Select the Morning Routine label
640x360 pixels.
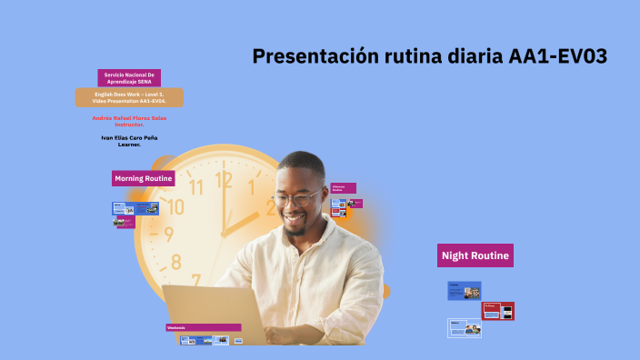(144, 178)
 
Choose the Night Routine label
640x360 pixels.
(475, 255)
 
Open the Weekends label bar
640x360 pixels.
(203, 327)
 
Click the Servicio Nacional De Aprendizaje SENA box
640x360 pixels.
(129, 77)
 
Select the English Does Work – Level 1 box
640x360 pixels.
(129, 97)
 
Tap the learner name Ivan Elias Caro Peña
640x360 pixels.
(129, 140)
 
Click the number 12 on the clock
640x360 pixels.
(224, 179)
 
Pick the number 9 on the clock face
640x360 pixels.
(169, 235)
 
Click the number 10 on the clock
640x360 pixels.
(176, 207)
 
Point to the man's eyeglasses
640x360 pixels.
(295, 197)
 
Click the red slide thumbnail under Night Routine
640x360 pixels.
(498, 311)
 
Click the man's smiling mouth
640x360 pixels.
(295, 220)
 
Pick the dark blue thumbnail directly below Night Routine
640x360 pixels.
(464, 291)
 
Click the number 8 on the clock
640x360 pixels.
(176, 263)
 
